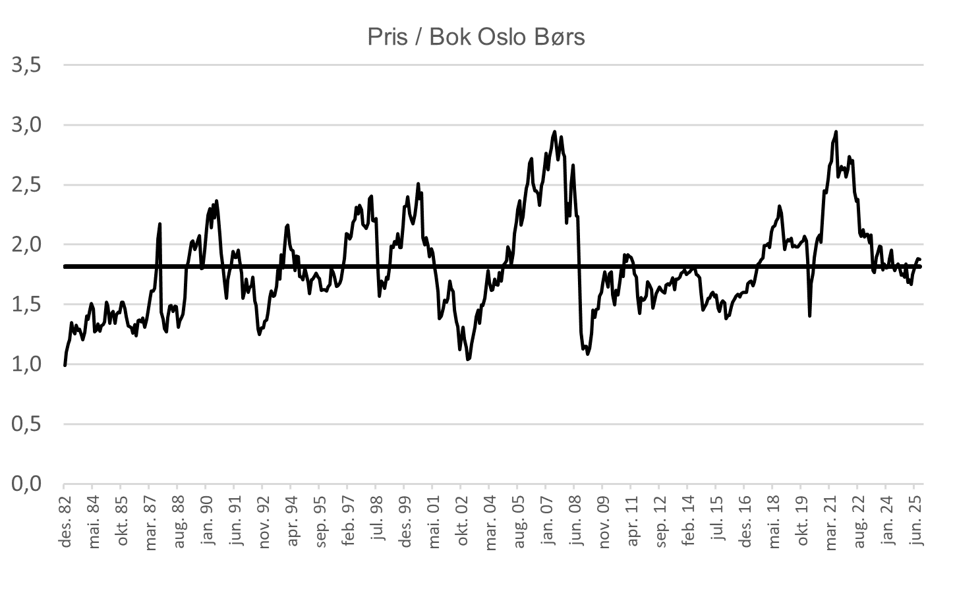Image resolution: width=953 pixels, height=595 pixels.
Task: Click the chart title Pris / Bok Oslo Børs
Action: click(476, 37)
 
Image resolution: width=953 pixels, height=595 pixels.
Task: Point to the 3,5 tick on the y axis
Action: click(26, 65)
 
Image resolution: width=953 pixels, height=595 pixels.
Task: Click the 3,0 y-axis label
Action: click(26, 125)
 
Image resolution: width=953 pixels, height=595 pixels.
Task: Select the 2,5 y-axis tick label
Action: click(26, 185)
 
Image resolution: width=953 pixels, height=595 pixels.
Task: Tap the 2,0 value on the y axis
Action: click(26, 245)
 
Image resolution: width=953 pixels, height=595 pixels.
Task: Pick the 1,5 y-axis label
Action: click(26, 305)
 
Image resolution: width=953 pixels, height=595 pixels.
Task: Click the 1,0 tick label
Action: click(26, 364)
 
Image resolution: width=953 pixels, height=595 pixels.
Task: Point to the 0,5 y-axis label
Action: click(26, 424)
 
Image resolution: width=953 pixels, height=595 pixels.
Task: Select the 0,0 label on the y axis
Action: click(26, 484)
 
